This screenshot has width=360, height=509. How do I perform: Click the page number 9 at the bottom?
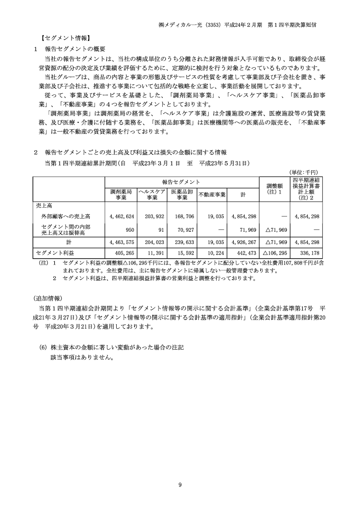(x=180, y=485)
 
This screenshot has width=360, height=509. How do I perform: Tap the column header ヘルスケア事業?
(x=152, y=194)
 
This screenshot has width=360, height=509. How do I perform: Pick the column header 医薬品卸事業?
(x=182, y=194)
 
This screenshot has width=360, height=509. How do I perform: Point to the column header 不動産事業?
(x=212, y=194)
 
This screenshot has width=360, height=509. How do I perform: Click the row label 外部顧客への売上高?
(x=66, y=216)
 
